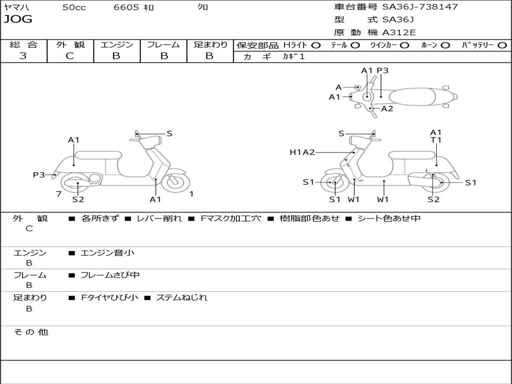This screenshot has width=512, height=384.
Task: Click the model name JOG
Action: (x=17, y=19)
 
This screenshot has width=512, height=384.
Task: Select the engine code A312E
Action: (x=399, y=32)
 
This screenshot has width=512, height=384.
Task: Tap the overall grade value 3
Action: (x=23, y=56)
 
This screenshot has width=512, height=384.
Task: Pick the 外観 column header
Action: (x=70, y=44)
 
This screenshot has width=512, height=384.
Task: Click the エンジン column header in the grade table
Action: (x=116, y=44)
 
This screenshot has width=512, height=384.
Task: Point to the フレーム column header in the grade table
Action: (x=163, y=44)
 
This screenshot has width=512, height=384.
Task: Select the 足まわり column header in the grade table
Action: (x=210, y=44)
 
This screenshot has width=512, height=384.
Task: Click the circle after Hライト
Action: (x=316, y=45)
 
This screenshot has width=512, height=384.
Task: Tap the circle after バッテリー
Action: (x=501, y=45)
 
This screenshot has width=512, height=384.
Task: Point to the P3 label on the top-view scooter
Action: (x=382, y=70)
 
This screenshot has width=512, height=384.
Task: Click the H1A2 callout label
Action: (x=302, y=152)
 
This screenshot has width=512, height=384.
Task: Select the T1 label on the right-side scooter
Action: (x=436, y=140)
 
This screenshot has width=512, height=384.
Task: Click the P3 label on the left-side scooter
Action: (x=39, y=174)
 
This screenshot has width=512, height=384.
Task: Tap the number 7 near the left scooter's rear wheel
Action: (x=58, y=193)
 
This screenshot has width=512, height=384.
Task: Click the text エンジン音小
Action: (x=107, y=253)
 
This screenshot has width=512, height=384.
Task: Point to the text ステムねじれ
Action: (x=181, y=297)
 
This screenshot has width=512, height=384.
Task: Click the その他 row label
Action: (x=30, y=332)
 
